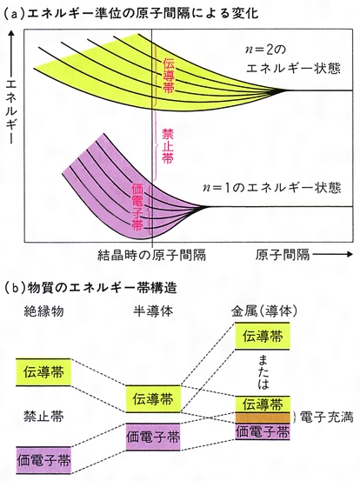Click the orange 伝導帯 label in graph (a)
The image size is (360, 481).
click(x=168, y=76)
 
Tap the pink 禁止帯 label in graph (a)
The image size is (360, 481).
click(x=168, y=146)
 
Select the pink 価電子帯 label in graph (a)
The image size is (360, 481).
click(x=137, y=207)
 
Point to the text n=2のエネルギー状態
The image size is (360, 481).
click(x=293, y=59)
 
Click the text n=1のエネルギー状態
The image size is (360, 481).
click(x=272, y=188)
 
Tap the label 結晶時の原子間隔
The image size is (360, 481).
click(x=151, y=255)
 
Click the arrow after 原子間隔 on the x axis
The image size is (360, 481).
click(x=332, y=254)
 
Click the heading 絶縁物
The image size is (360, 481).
click(x=43, y=311)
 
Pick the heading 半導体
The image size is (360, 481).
click(x=153, y=311)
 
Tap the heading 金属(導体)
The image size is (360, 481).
click(x=264, y=311)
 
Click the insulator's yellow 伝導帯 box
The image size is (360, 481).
click(x=43, y=372)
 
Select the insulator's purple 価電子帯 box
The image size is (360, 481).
click(x=43, y=460)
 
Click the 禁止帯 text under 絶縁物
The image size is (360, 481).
click(x=43, y=417)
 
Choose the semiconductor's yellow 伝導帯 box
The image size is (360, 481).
click(x=153, y=399)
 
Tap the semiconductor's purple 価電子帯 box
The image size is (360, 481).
click(x=153, y=438)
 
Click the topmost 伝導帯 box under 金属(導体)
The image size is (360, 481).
click(x=263, y=337)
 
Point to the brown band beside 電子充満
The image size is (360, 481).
click(x=263, y=418)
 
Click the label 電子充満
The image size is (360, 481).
click(x=326, y=418)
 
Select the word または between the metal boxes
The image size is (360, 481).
click(x=263, y=372)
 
